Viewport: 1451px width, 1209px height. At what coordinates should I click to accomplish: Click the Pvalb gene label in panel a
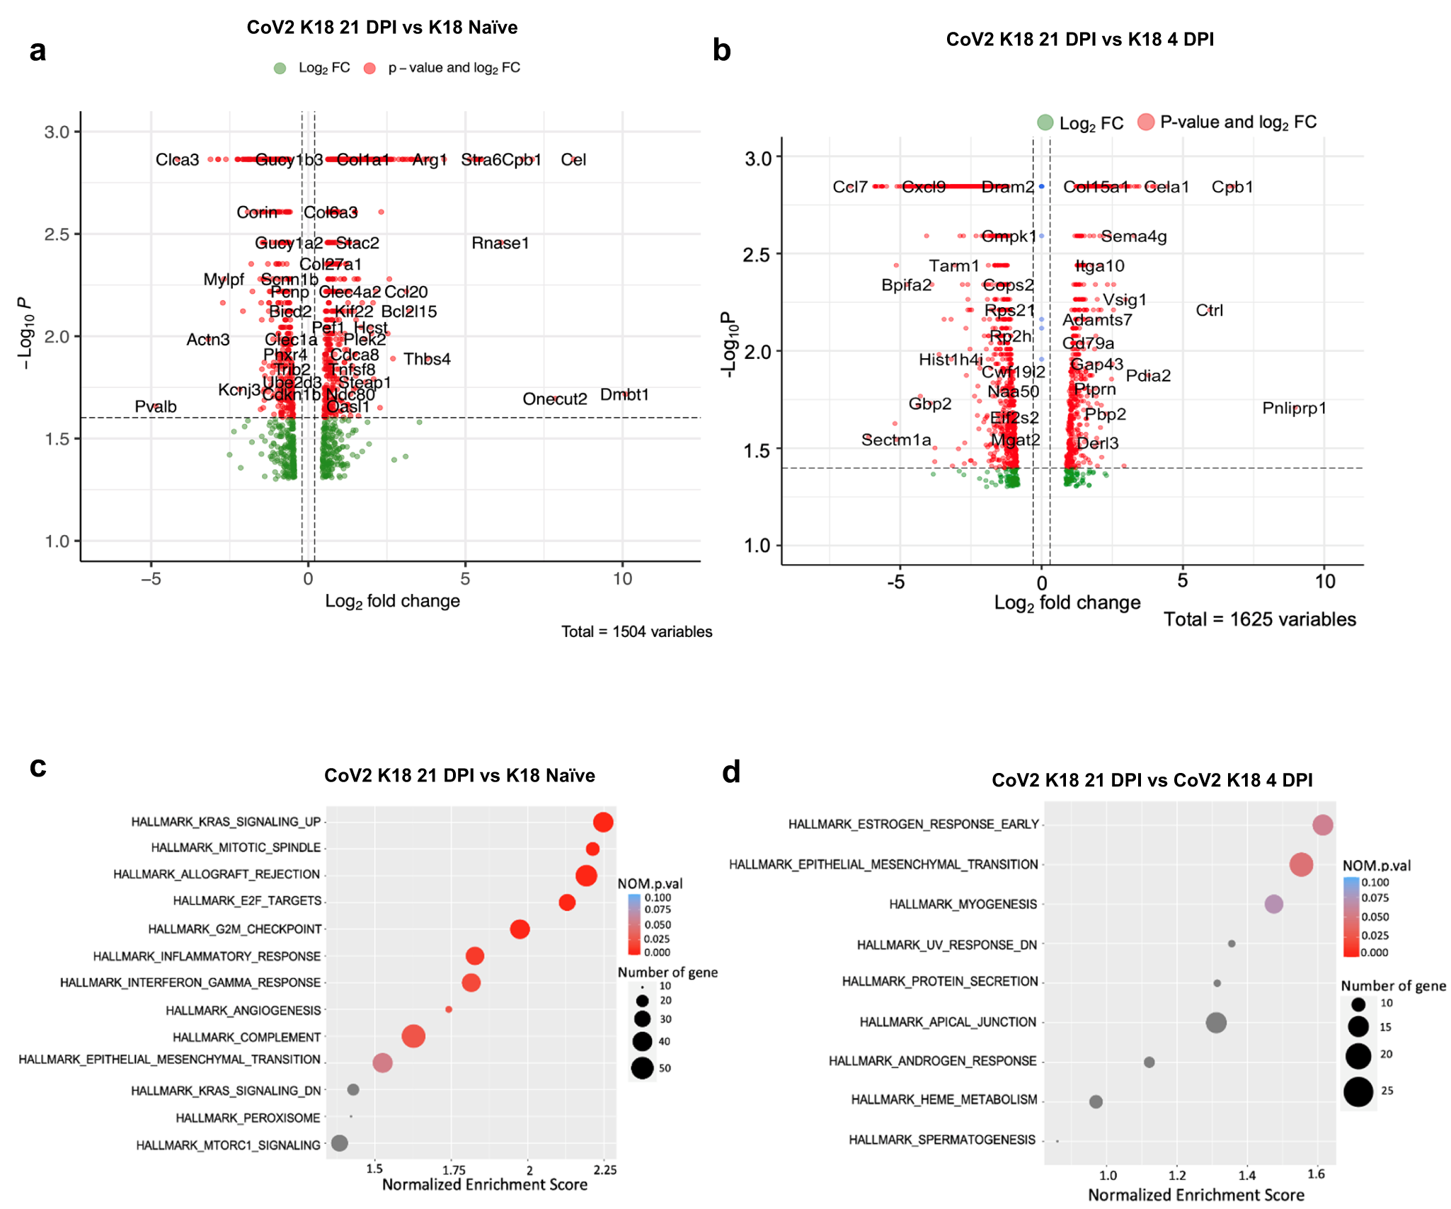click(156, 406)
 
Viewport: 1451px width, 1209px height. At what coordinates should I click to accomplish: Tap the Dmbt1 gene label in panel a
click(624, 394)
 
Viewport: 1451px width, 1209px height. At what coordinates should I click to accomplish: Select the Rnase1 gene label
click(500, 243)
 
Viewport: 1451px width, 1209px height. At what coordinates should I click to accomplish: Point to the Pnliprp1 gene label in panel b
click(1294, 408)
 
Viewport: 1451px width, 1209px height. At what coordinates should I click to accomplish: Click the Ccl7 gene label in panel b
click(849, 187)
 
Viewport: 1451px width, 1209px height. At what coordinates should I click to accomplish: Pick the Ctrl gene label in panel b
click(1209, 310)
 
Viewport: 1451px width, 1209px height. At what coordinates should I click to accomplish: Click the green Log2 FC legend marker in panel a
click(280, 68)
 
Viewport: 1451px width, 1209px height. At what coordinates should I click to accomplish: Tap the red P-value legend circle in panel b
click(1146, 122)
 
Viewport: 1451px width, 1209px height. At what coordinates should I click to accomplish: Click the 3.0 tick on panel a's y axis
click(57, 132)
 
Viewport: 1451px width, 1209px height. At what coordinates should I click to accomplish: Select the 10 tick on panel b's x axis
click(1325, 582)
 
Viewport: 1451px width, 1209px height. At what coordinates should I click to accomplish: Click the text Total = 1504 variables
click(636, 631)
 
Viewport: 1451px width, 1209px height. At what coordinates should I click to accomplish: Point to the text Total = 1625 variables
click(1260, 619)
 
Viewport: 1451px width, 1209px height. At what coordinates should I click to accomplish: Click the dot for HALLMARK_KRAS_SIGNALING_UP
click(603, 822)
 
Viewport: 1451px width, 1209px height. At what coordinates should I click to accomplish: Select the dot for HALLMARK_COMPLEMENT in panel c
click(413, 1036)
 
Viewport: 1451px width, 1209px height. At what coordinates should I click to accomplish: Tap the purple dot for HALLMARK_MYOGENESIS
click(1273, 904)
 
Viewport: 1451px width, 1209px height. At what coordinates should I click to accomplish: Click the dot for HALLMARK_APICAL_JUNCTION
click(1216, 1022)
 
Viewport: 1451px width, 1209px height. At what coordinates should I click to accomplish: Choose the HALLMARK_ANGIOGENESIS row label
click(243, 1010)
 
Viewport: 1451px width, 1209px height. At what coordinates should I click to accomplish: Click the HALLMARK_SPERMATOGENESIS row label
click(941, 1140)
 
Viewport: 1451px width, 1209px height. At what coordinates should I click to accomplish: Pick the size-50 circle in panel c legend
click(642, 1067)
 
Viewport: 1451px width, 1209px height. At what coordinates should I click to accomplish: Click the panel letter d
click(731, 772)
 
